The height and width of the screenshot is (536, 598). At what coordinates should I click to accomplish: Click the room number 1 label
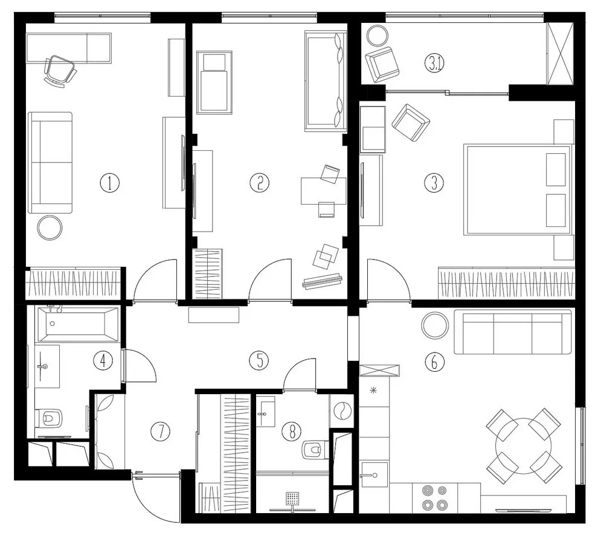click(110, 183)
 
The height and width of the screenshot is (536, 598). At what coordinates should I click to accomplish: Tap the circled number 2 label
click(259, 183)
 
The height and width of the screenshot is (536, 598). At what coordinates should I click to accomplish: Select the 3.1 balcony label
click(435, 63)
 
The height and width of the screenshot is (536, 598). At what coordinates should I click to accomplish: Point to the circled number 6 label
click(434, 362)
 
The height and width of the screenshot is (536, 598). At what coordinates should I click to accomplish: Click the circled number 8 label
click(291, 431)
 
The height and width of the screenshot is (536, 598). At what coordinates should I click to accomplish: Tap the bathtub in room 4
click(77, 324)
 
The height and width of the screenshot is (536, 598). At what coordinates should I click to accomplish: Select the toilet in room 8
click(315, 450)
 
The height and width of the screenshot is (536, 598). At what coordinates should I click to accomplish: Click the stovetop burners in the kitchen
click(434, 497)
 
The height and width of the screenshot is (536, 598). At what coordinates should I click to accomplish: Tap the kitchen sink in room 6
click(374, 474)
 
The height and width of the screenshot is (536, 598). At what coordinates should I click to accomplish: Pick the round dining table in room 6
click(524, 445)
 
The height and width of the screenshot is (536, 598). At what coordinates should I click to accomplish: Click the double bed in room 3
click(518, 190)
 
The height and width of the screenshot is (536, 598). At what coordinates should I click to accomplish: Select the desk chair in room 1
click(59, 71)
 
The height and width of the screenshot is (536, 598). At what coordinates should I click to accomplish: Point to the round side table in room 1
click(50, 228)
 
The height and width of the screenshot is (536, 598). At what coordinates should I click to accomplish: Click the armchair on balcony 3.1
click(382, 65)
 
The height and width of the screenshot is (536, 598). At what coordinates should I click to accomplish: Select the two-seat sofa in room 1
click(50, 163)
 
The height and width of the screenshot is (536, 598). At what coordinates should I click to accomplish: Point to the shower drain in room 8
click(292, 498)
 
